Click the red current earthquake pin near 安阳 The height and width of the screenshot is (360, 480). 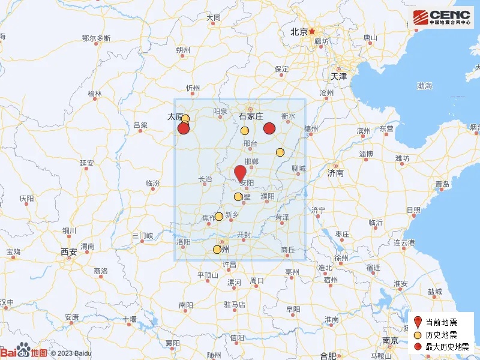tap(240, 172)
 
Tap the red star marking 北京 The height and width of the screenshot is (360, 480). tap(312, 31)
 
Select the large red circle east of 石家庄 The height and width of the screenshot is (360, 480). tap(269, 128)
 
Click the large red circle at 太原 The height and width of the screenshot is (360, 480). tap(184, 128)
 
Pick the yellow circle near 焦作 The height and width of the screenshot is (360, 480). tap(219, 217)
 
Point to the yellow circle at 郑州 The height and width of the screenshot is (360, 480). tap(217, 250)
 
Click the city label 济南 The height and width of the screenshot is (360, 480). tap(335, 173)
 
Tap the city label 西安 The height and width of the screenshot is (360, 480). tap(68, 252)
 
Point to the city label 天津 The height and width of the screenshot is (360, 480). tap(338, 77)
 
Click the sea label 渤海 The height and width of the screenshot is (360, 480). tap(424, 86)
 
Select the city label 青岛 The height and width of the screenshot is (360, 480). tap(442, 184)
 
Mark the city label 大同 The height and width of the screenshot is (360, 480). tap(214, 18)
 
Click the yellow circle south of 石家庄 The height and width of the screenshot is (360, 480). tap(245, 131)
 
